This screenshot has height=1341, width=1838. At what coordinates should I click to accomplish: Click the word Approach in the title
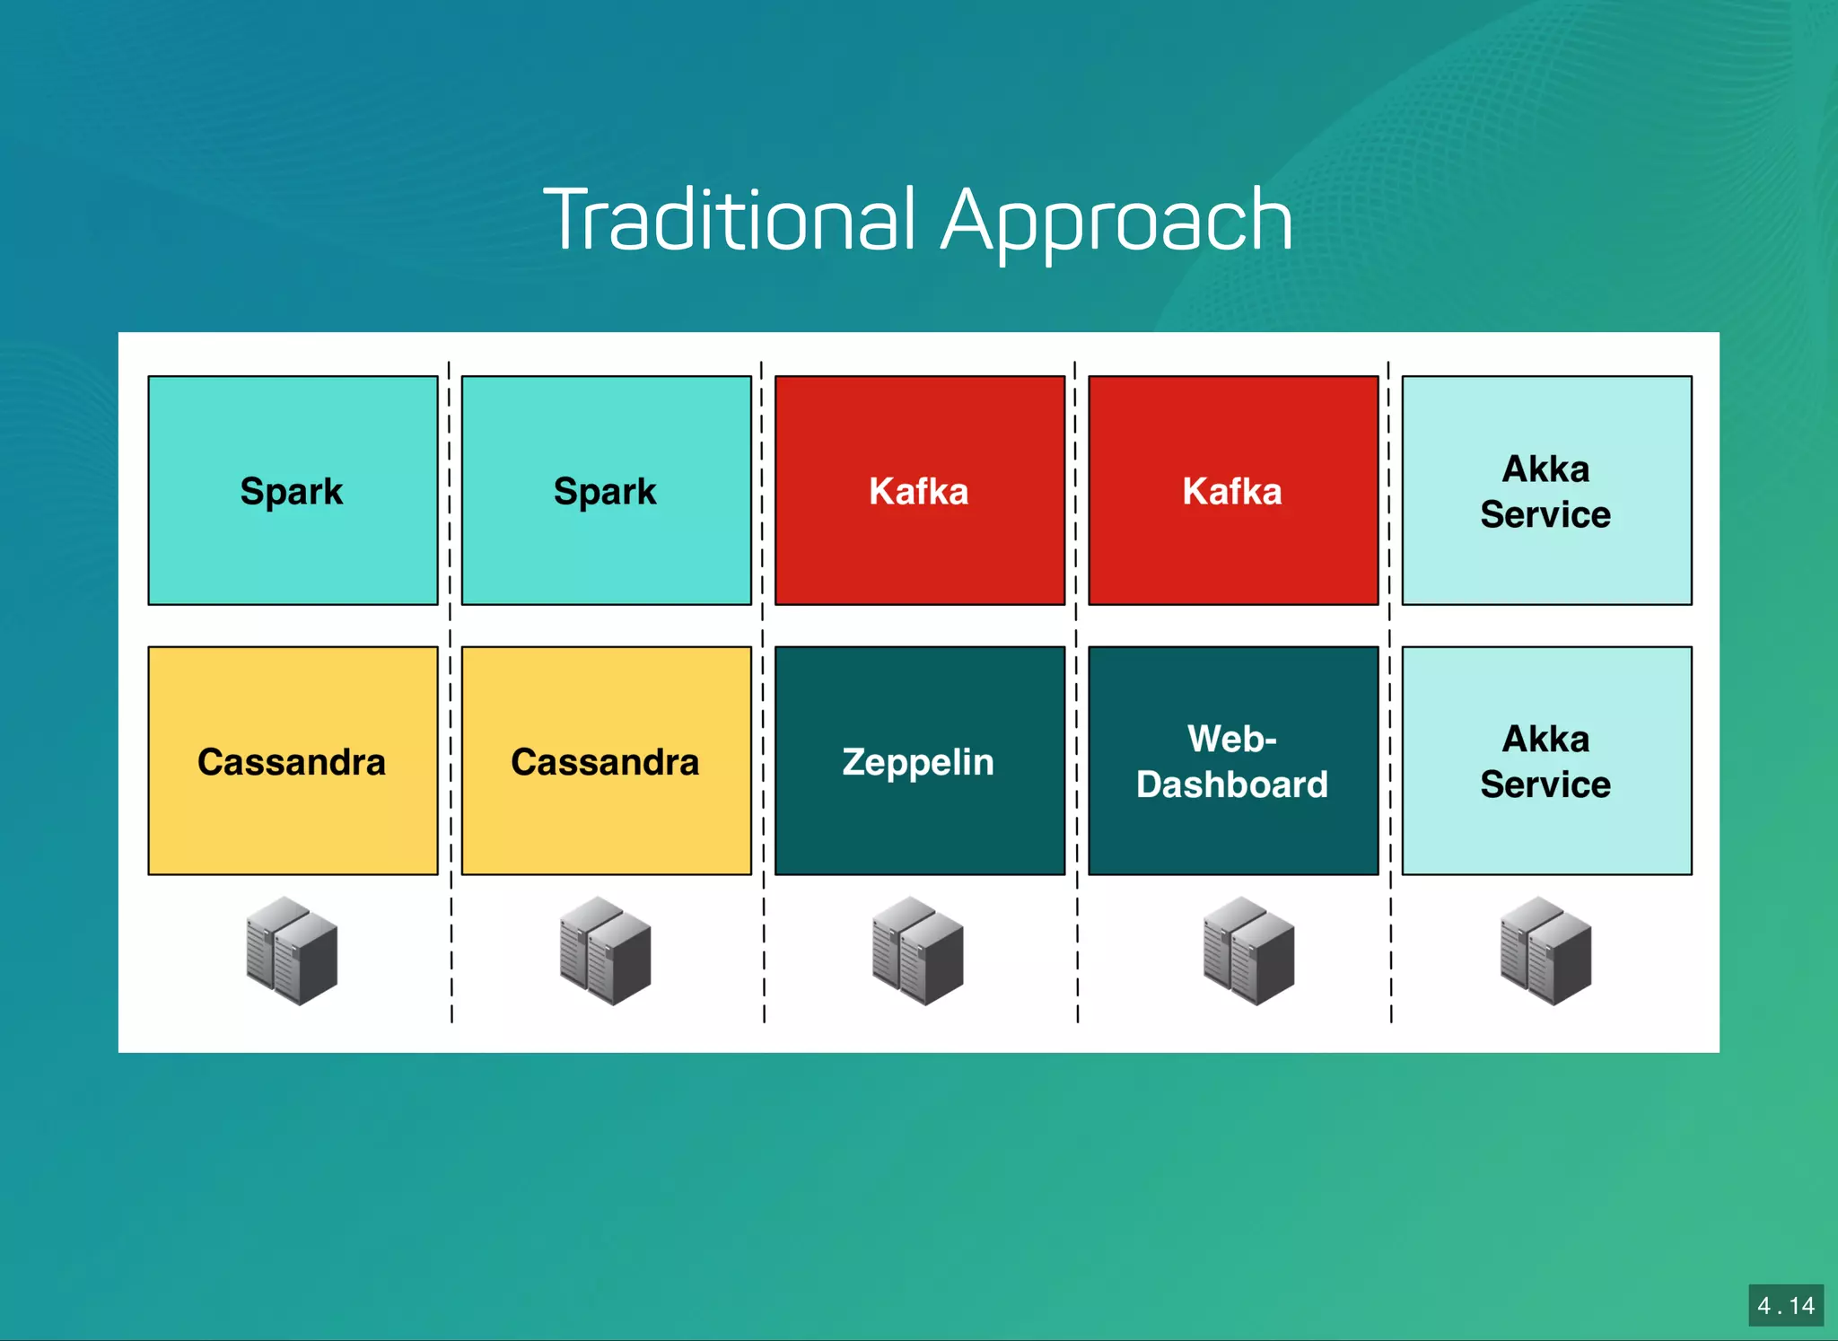click(1116, 222)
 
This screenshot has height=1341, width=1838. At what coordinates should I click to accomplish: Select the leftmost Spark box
click(293, 490)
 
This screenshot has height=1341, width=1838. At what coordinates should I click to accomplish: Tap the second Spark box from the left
click(606, 490)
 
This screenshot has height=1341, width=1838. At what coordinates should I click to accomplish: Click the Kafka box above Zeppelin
click(919, 490)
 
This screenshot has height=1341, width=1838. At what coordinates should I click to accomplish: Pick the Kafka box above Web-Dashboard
click(1232, 490)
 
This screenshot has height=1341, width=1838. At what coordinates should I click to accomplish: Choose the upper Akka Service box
click(1545, 490)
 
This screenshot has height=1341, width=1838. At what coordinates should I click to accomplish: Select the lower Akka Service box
click(1545, 760)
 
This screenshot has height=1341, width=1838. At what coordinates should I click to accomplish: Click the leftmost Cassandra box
click(293, 760)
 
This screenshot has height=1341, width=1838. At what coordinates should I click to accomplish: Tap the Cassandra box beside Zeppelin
click(606, 760)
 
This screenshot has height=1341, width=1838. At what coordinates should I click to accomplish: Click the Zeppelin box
click(919, 760)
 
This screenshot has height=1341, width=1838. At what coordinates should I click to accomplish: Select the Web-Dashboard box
click(1232, 760)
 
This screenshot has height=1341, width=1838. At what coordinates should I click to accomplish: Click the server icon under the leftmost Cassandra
click(292, 951)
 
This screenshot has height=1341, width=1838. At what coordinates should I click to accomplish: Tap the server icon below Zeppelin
click(917, 951)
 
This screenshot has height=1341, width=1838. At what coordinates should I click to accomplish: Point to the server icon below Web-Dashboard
click(1248, 951)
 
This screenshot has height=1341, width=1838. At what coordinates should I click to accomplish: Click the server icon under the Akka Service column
click(1545, 951)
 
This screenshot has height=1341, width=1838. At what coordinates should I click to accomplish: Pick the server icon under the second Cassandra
click(605, 951)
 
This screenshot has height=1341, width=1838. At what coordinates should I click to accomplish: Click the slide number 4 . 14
click(1785, 1305)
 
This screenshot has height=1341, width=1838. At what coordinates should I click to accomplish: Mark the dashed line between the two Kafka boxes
click(1076, 490)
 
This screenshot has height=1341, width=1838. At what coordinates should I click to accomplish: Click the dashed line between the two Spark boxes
click(450, 490)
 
